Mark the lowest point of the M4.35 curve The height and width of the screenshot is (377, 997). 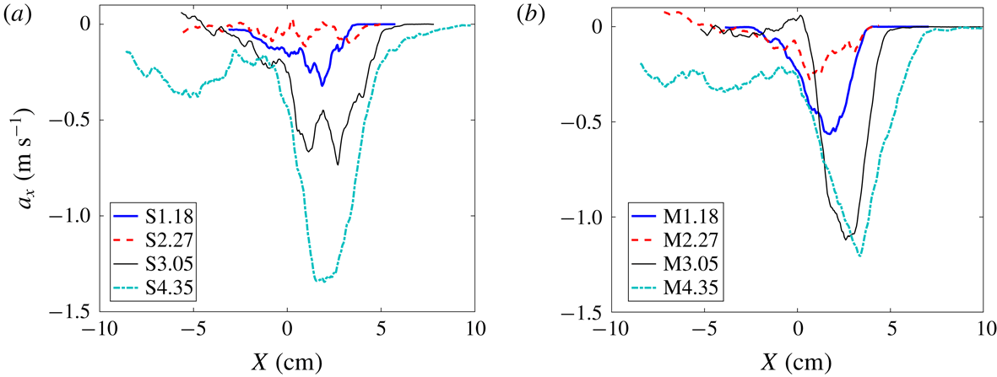tap(859, 256)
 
